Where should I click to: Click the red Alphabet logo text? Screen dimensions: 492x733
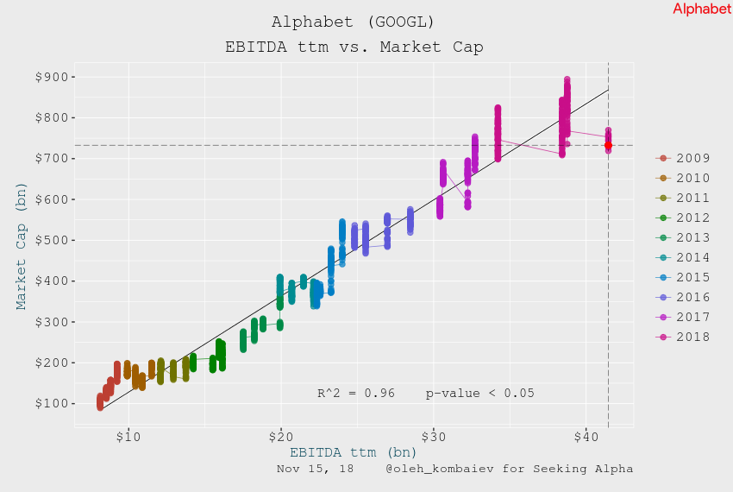click(x=701, y=9)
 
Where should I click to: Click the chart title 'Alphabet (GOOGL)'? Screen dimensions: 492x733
click(x=354, y=22)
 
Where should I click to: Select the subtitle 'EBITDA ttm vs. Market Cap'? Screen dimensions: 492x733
click(x=354, y=47)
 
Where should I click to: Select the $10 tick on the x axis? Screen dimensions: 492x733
click(x=128, y=438)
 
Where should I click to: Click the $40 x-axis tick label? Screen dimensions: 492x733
click(x=586, y=438)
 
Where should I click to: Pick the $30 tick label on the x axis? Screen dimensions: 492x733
click(x=434, y=438)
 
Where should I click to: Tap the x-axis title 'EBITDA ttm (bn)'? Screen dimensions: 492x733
click(x=354, y=452)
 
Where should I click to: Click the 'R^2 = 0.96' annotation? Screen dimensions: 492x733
click(x=356, y=394)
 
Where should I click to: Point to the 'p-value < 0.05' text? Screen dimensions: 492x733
click(x=480, y=394)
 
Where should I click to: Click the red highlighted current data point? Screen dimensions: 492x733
click(x=608, y=145)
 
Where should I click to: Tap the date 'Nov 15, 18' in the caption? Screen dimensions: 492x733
click(x=315, y=469)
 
